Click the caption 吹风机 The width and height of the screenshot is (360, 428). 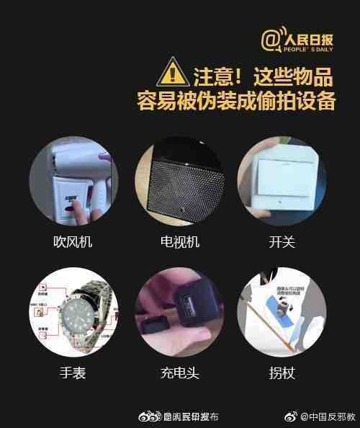point(73,242)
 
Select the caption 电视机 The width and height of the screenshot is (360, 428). point(179,242)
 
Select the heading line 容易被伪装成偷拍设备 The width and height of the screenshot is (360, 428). point(237,100)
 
